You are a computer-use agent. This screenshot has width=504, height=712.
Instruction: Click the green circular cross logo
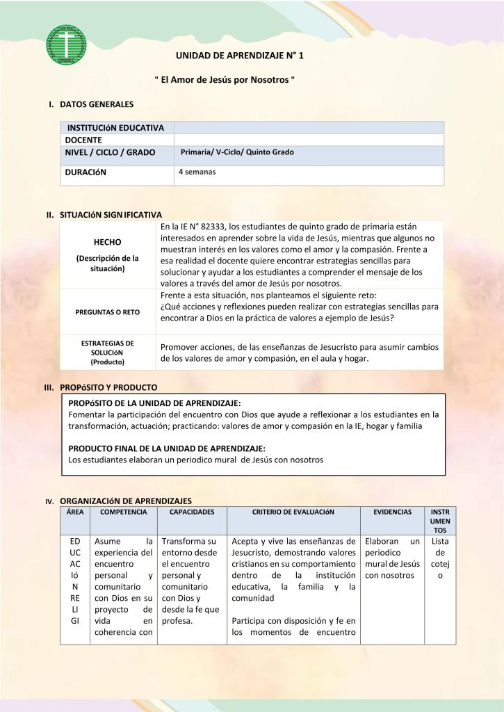[66, 45]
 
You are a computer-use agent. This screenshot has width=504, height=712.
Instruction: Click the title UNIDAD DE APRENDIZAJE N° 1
[240, 55]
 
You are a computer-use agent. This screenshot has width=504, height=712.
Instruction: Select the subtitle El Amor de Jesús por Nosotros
[225, 80]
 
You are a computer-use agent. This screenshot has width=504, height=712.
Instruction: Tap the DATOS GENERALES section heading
[97, 104]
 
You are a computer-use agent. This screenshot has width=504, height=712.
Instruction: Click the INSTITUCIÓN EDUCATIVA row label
[115, 128]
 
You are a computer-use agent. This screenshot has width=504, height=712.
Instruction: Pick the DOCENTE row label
[83, 140]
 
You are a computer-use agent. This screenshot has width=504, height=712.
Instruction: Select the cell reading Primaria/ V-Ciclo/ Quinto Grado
[237, 152]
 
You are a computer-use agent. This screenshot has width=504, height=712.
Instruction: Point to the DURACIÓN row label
[86, 172]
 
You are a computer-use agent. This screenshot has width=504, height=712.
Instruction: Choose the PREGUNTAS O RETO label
[107, 312]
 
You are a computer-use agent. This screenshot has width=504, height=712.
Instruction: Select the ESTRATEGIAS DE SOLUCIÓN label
[107, 353]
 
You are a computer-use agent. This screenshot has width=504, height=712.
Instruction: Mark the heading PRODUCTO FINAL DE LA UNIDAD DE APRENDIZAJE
[167, 448]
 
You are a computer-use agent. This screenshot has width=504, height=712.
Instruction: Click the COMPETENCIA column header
[124, 512]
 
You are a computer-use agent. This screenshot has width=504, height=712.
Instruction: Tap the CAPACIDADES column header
[192, 512]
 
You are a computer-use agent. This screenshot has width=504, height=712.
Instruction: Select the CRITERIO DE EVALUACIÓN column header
[293, 512]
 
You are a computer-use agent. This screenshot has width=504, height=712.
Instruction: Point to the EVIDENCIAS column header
[392, 512]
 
